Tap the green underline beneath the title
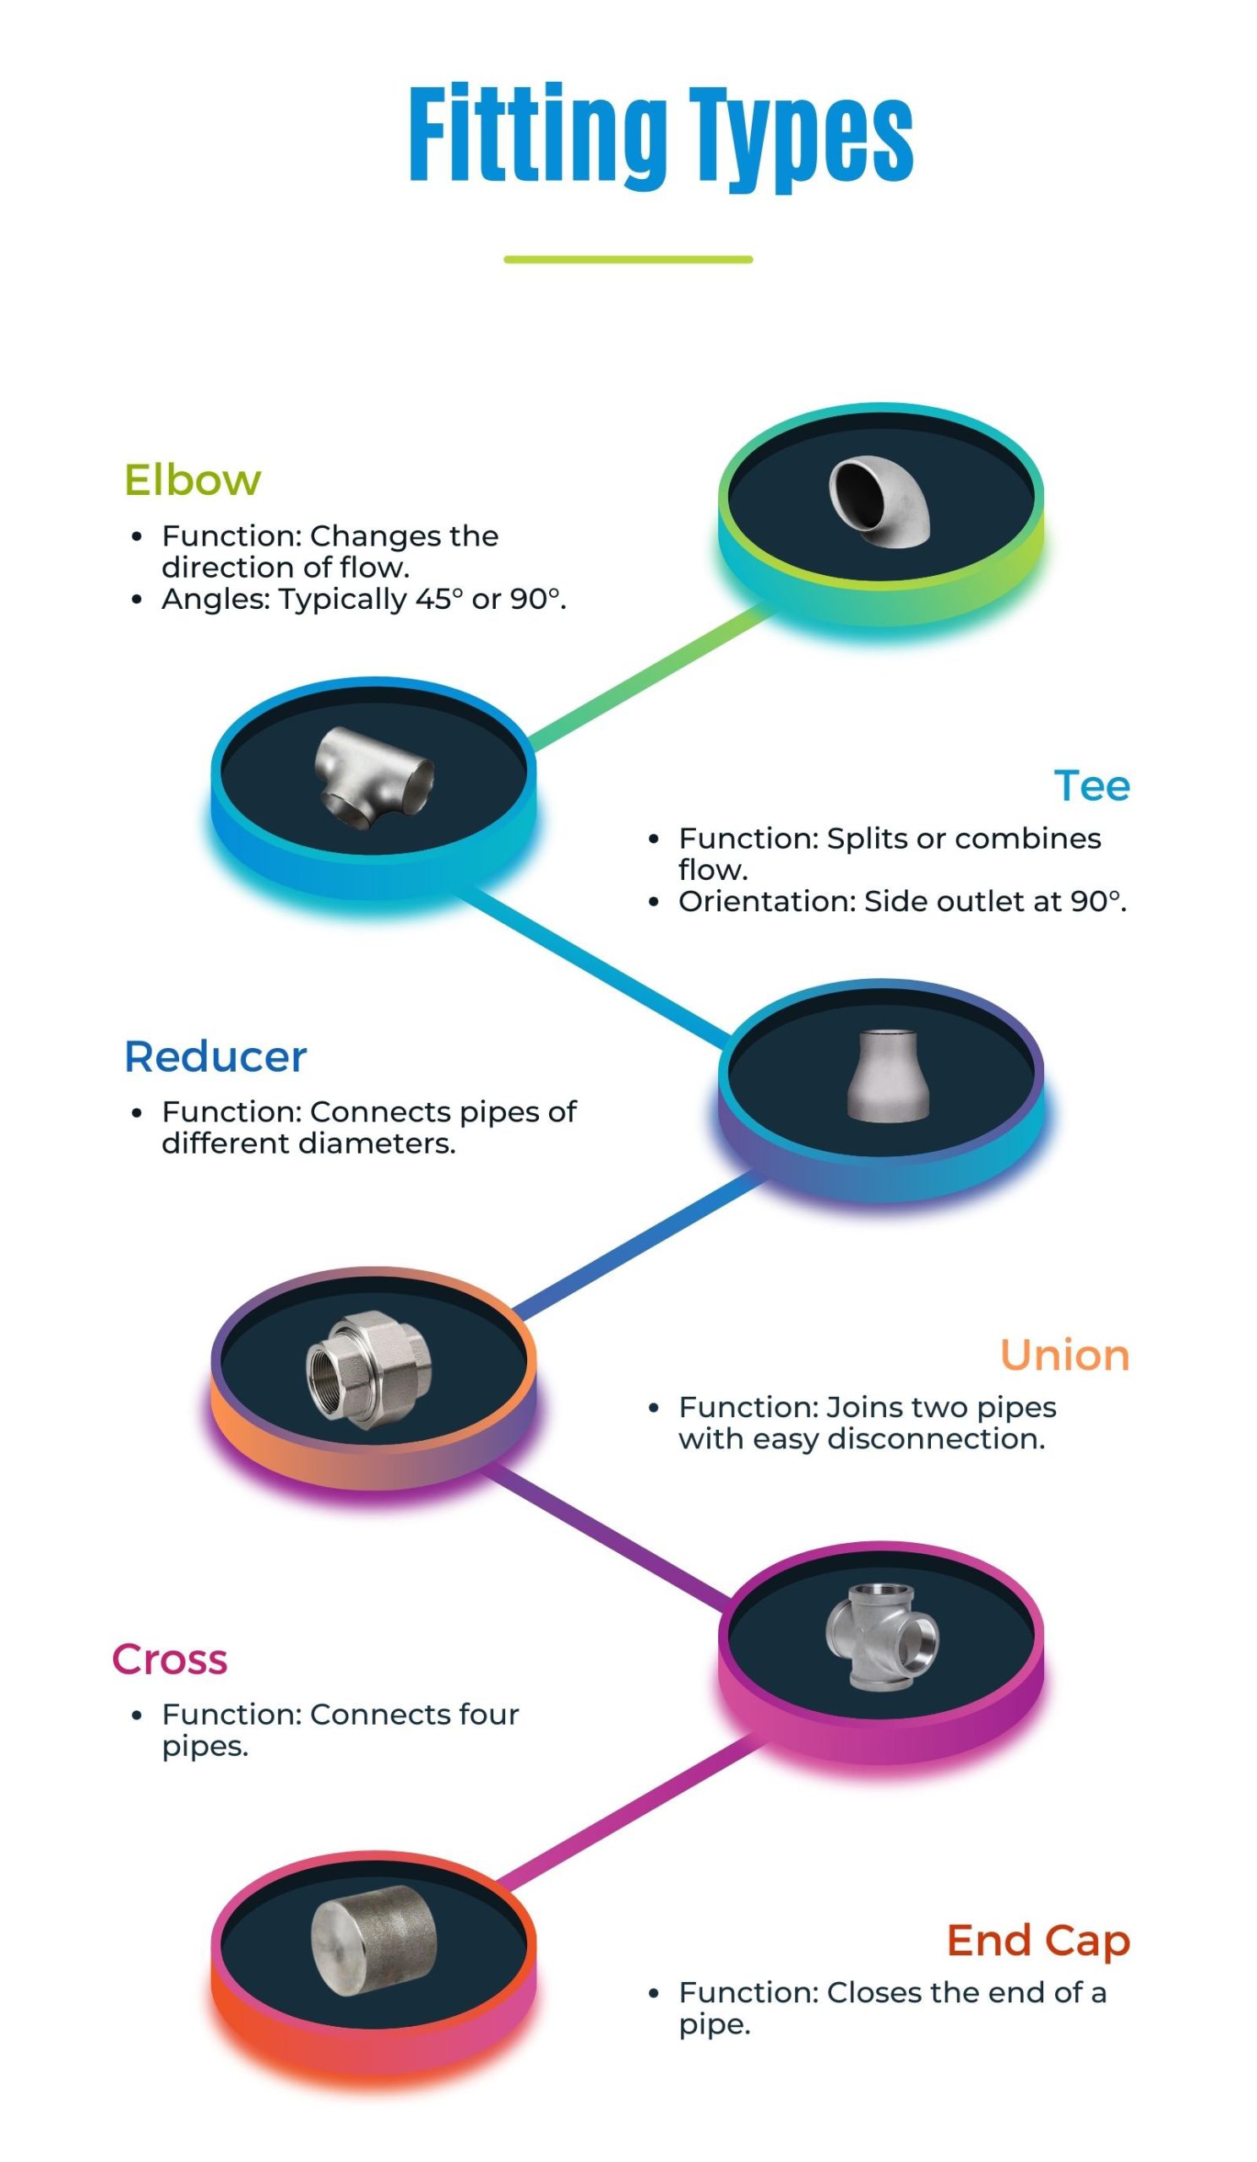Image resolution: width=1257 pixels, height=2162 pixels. (x=627, y=259)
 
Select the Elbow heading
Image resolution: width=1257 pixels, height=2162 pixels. (x=193, y=480)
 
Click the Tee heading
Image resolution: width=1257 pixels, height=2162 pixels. (x=1091, y=785)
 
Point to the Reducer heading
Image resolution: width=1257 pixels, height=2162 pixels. (x=215, y=1057)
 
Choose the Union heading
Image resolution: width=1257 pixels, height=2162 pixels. (x=1064, y=1355)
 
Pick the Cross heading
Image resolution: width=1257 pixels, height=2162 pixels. (x=170, y=1660)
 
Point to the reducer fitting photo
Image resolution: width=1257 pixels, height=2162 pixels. (x=888, y=1076)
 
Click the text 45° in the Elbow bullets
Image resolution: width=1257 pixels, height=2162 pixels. (x=438, y=599)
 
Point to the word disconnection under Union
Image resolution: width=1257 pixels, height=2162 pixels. (x=935, y=1439)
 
